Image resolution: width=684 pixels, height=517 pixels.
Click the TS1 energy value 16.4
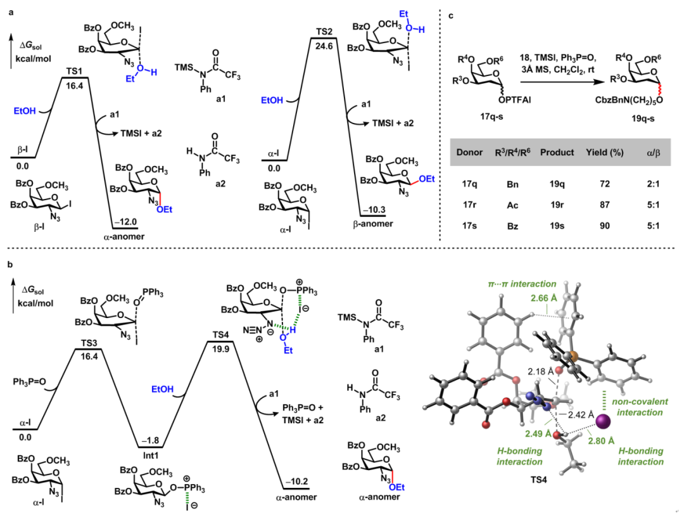pos(75,86)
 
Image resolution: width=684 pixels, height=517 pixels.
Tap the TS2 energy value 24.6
pos(324,46)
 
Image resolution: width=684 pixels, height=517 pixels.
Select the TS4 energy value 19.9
pos(221,349)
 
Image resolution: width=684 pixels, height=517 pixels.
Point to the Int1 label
pos(151,455)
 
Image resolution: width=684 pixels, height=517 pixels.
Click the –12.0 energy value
pos(125,222)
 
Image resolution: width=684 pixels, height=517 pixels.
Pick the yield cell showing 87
pos(605,205)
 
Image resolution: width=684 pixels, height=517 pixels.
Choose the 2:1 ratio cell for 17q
pos(653,184)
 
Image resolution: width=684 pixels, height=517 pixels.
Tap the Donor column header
pos(469,152)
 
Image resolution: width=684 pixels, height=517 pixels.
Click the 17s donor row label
pos(469,226)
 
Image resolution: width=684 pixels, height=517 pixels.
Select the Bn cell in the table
pos(512,184)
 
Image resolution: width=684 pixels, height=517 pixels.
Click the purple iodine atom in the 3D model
pos(604,421)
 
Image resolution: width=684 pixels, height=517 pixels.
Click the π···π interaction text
pos(522,284)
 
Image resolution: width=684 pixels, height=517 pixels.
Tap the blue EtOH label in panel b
pos(162,389)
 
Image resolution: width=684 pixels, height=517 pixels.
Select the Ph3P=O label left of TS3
pos(29,382)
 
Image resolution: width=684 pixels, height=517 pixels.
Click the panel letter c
pos(451,16)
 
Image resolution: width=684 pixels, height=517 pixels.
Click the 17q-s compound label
pos(491,117)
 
